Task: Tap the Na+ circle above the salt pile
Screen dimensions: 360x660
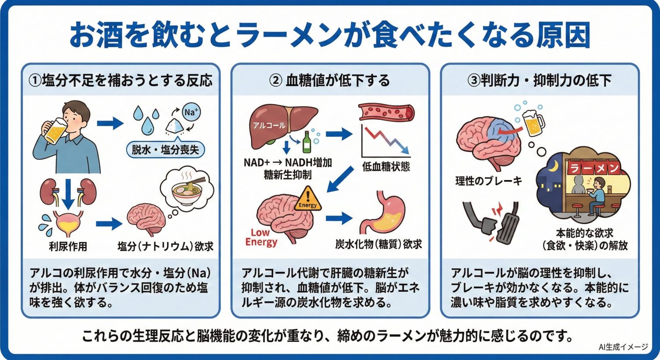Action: [x=191, y=113]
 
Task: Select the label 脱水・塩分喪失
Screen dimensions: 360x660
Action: [x=165, y=150]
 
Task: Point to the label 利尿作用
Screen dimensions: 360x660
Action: [x=68, y=246]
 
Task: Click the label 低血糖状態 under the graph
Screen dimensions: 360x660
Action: [x=386, y=167]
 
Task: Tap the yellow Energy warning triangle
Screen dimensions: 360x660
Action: [x=308, y=201]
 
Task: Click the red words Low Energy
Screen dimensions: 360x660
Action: [x=261, y=238]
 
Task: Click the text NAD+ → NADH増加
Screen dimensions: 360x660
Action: [x=288, y=162]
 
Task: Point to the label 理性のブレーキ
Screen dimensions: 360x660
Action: [x=488, y=181]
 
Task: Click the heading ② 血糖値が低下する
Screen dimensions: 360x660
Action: [x=330, y=81]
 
